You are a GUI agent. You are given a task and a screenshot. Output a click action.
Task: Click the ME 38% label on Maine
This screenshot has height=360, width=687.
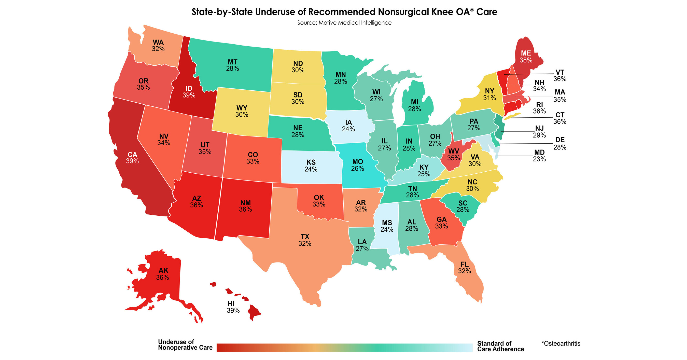(x=526, y=57)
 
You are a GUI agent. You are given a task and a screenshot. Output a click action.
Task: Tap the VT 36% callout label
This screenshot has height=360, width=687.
(x=559, y=75)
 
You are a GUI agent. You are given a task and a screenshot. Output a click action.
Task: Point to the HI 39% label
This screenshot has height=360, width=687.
(x=233, y=307)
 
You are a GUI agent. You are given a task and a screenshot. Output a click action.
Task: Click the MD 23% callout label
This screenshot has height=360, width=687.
(x=539, y=156)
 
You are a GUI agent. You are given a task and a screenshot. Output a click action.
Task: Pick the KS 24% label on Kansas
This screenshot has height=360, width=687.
(x=311, y=165)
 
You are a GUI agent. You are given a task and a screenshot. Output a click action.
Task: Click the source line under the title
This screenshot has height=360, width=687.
(x=344, y=23)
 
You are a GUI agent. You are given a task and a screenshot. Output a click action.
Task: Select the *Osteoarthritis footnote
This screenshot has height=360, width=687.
(x=560, y=343)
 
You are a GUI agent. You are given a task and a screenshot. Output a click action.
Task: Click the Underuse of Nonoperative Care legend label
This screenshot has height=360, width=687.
(x=185, y=345)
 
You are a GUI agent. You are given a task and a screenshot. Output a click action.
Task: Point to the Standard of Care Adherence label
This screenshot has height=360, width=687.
(x=500, y=346)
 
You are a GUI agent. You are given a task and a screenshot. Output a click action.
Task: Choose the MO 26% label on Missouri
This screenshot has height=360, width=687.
(x=357, y=165)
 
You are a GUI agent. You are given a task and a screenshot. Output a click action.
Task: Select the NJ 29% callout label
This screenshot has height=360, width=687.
(x=539, y=132)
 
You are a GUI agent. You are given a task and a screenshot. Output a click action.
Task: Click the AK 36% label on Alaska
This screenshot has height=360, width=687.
(x=163, y=274)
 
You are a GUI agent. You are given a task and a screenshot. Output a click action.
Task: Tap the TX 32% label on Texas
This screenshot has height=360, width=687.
(x=305, y=240)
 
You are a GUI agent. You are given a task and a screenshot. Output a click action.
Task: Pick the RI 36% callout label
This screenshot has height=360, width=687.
(x=539, y=108)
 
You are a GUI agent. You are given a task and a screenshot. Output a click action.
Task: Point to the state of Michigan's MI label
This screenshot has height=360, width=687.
(x=414, y=102)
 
